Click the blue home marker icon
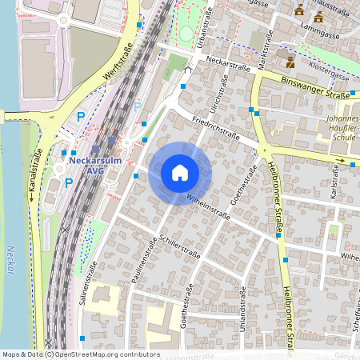click(180, 173)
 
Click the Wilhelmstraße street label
click(207, 204)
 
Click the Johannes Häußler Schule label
click(342, 127)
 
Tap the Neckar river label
click(10, 259)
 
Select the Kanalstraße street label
click(37, 175)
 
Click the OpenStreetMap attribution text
click(80, 354)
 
